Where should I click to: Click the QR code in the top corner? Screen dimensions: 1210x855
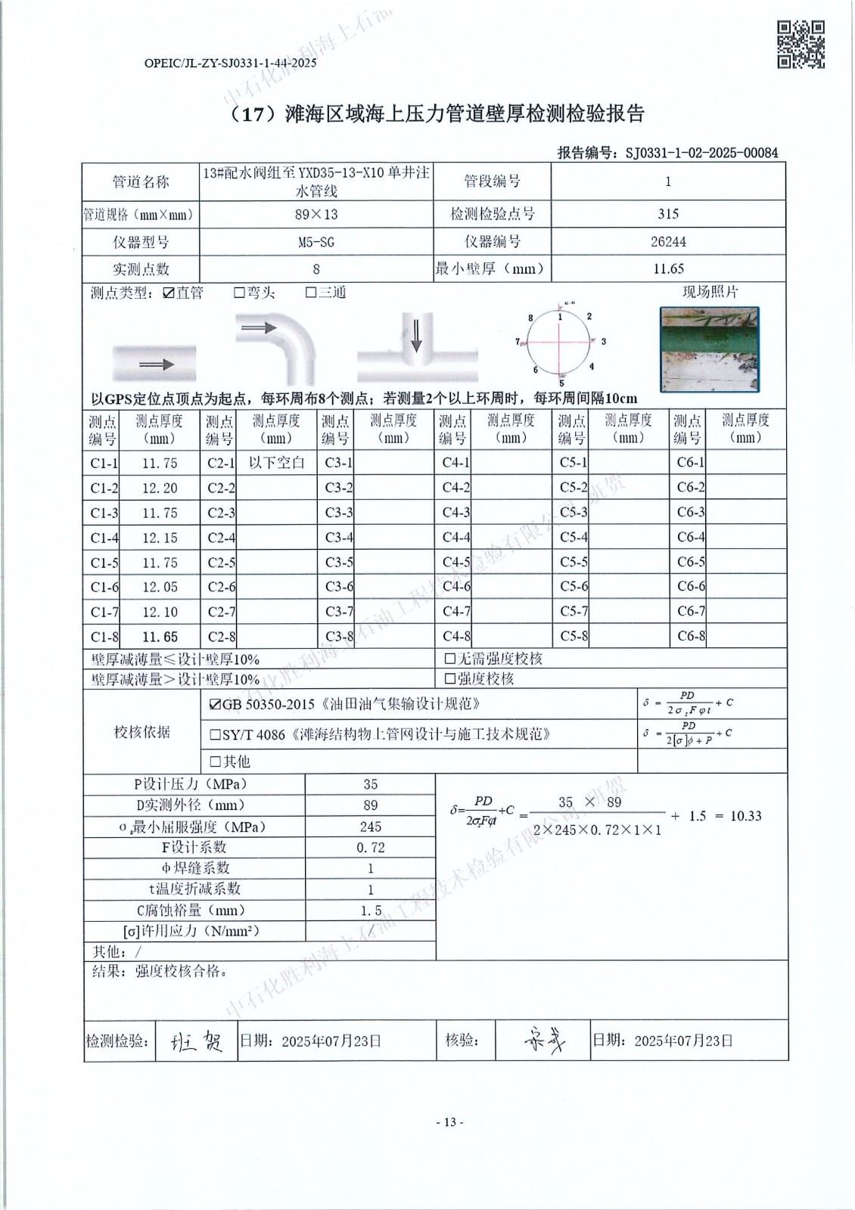click(x=801, y=45)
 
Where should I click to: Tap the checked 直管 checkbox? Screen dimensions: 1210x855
click(x=169, y=293)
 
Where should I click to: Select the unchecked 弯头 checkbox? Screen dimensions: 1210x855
click(x=239, y=293)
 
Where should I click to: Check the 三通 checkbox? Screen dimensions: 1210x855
click(x=310, y=293)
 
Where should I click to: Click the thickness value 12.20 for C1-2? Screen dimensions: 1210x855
click(x=160, y=489)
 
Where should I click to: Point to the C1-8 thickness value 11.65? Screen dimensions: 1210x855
click(x=160, y=637)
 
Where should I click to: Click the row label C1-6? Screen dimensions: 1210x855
click(x=104, y=588)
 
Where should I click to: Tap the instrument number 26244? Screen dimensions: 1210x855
click(x=667, y=242)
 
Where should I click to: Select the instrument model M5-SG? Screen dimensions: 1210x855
click(x=316, y=242)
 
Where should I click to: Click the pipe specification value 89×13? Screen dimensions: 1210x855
click(x=316, y=214)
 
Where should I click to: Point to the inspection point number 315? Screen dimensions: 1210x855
click(x=667, y=214)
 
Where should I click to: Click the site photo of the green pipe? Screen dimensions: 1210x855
click(x=709, y=349)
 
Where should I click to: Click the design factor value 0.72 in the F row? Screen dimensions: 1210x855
click(x=370, y=848)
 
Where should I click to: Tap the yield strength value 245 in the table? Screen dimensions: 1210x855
click(x=370, y=827)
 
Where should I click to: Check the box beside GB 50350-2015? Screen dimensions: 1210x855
click(x=215, y=705)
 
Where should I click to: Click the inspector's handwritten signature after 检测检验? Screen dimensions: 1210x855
click(x=196, y=1042)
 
